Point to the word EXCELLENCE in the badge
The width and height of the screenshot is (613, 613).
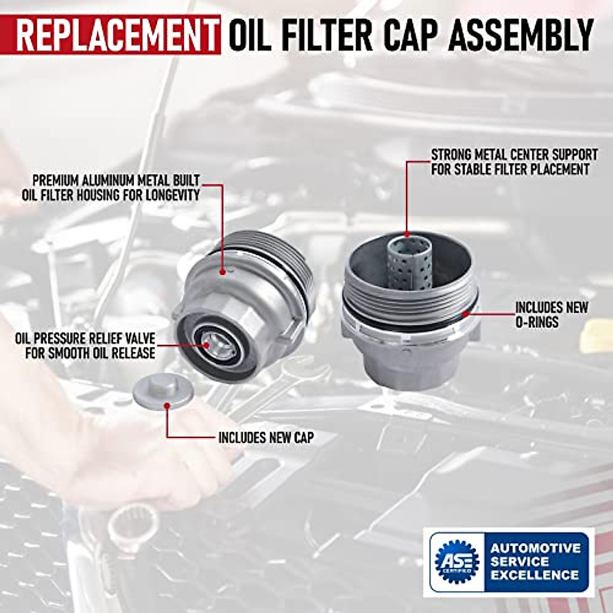534,575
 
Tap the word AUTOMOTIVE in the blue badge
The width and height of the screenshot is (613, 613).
535,548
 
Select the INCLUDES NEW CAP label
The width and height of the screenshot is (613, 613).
266,438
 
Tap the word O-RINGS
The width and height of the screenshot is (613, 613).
536,322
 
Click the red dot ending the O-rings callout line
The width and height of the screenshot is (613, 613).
464,313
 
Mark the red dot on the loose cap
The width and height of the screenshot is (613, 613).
167,406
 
